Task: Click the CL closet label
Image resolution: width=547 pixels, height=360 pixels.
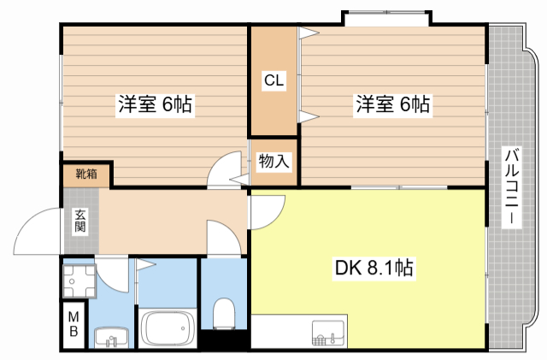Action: click(x=273, y=80)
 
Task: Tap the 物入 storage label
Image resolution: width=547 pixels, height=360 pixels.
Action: click(x=273, y=162)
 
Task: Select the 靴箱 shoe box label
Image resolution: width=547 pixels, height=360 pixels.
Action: click(x=87, y=174)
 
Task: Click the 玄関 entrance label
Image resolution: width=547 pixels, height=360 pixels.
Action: click(x=79, y=221)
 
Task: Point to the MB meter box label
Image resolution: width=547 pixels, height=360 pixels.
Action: click(x=74, y=324)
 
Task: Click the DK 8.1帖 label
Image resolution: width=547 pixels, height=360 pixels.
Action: click(x=374, y=268)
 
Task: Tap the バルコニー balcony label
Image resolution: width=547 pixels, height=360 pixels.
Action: click(x=512, y=186)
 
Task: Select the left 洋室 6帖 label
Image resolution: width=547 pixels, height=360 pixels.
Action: click(x=156, y=103)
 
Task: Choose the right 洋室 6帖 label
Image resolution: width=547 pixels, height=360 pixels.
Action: click(x=393, y=103)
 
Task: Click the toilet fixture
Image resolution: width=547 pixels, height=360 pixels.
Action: click(x=224, y=313)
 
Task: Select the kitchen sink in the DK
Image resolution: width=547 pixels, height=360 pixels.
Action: click(x=328, y=332)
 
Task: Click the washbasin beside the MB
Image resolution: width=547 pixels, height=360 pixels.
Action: click(x=111, y=337)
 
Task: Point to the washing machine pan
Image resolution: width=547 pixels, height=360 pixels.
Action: click(x=79, y=281)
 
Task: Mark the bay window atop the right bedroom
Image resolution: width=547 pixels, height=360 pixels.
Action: click(x=386, y=18)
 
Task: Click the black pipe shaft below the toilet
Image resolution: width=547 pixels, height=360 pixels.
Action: click(x=224, y=339)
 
